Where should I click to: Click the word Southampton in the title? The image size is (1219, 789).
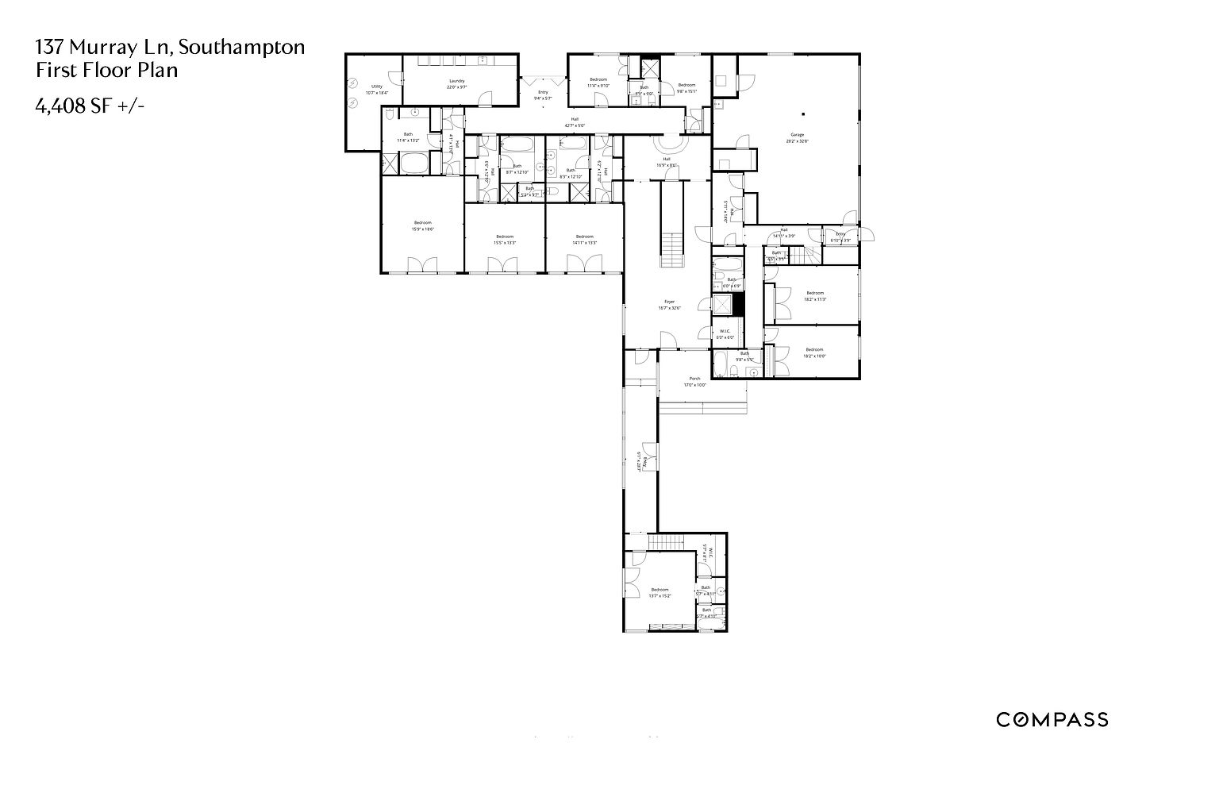coord(241,47)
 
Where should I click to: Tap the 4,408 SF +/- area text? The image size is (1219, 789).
coord(90,106)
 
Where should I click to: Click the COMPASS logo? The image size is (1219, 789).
coord(1052,720)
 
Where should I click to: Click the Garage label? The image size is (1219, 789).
coord(796,137)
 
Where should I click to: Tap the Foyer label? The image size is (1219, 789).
coord(670,304)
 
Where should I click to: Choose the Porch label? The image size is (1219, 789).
coord(694,381)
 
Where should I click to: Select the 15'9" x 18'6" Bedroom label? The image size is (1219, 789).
coord(422,225)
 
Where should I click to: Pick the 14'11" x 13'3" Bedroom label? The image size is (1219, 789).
coord(585,239)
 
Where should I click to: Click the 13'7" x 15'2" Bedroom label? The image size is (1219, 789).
coord(660,592)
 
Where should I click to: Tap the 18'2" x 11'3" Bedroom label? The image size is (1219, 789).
coord(815,295)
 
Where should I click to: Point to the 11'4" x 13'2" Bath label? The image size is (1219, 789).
coord(408,137)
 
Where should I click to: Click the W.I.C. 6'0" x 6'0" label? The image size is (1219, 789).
coord(725,334)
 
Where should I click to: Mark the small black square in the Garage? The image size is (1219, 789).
coord(803,112)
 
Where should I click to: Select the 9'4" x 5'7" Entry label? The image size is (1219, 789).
coord(543,95)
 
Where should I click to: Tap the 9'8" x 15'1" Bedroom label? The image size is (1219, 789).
coord(686,87)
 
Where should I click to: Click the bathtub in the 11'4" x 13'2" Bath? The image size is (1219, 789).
coord(413,164)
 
